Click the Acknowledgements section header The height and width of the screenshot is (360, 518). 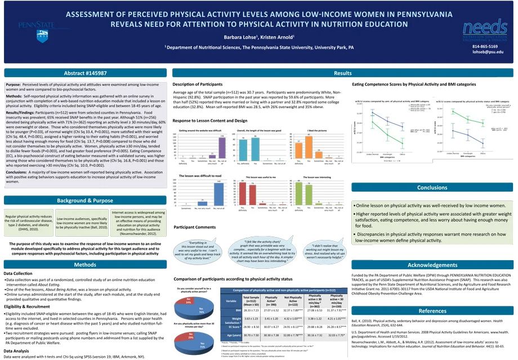click(432, 264)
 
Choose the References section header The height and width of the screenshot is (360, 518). click(432, 310)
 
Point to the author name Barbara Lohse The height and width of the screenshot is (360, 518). click(240, 37)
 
